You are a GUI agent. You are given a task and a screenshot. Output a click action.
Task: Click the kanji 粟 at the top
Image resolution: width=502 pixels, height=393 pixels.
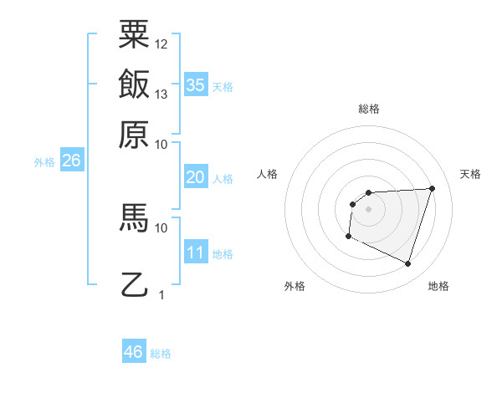(x=134, y=35)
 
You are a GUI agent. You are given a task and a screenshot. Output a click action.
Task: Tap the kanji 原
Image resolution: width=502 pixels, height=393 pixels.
(x=134, y=134)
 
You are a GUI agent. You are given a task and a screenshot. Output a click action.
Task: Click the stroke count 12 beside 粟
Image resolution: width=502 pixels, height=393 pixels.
(x=161, y=43)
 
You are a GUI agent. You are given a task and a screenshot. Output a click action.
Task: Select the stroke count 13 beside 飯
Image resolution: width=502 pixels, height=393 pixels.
(x=161, y=94)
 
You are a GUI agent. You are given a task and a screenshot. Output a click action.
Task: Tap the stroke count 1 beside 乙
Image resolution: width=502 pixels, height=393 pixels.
(x=161, y=294)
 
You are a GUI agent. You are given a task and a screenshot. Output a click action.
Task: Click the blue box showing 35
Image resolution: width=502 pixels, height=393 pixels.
(x=196, y=85)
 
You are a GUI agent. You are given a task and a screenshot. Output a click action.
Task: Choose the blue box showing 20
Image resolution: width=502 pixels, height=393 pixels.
(x=196, y=177)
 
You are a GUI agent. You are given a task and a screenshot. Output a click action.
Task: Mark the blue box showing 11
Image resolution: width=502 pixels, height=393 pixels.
(x=196, y=253)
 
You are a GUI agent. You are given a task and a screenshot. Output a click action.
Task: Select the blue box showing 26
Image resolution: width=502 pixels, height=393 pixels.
(x=70, y=161)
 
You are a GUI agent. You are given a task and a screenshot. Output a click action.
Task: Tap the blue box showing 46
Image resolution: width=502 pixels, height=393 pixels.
(x=134, y=352)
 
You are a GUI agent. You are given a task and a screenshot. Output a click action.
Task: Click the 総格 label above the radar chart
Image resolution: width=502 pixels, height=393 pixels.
(x=368, y=109)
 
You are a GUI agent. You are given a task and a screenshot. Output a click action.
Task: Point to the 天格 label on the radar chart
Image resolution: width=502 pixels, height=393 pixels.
(x=470, y=174)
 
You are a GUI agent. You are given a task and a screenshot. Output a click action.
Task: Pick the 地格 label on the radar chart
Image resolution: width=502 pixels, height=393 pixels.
(x=438, y=287)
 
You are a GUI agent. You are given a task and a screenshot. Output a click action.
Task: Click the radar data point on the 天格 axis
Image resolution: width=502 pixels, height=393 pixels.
(x=432, y=188)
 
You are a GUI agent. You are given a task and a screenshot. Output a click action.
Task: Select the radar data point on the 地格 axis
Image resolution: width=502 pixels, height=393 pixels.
(x=407, y=264)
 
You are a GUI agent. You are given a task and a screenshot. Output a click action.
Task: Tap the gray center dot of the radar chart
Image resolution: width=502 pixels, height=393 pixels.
(x=368, y=209)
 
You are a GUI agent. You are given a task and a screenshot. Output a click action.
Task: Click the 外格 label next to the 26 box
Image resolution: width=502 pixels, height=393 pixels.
(x=44, y=162)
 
